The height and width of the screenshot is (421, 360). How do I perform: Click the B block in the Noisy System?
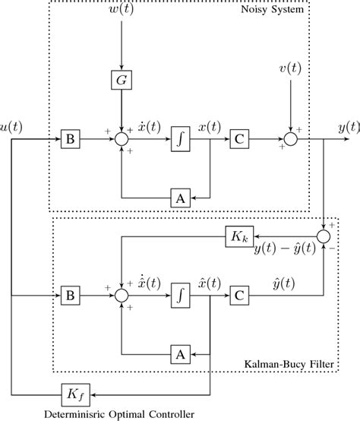click(x=68, y=140)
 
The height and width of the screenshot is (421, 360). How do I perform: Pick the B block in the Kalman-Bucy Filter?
click(x=68, y=293)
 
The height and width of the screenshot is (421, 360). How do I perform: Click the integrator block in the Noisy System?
click(x=180, y=140)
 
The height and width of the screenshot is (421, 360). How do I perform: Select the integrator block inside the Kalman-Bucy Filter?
click(x=180, y=293)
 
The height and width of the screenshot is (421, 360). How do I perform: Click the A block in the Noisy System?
click(x=180, y=197)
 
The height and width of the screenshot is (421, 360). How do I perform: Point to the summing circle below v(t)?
click(x=290, y=140)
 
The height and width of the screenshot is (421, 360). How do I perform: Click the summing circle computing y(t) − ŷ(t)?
click(x=325, y=237)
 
